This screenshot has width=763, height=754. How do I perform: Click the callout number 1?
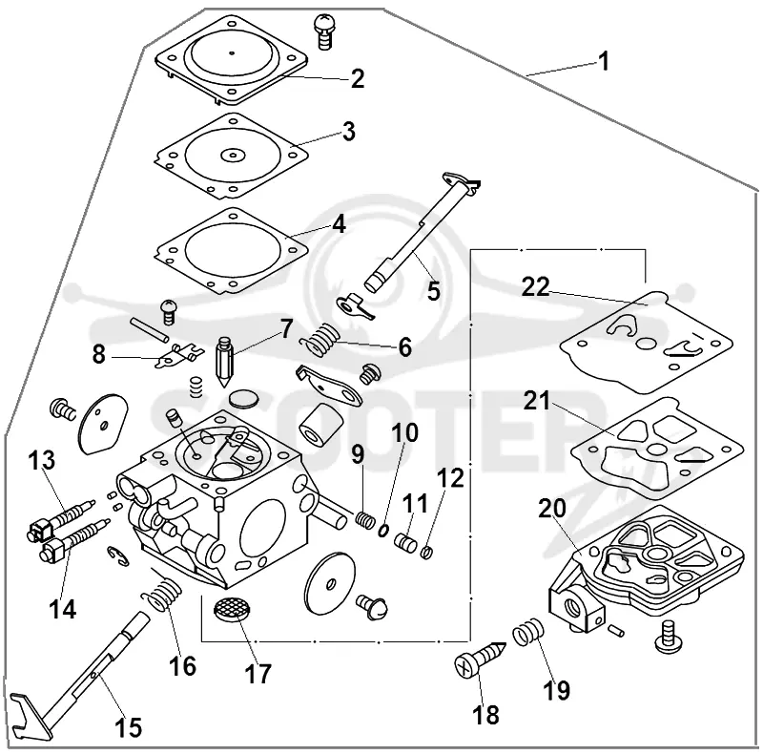(x=603, y=62)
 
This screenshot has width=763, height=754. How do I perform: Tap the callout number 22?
(x=535, y=287)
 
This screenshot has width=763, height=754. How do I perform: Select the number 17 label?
(x=258, y=675)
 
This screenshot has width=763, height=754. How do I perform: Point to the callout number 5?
(x=433, y=291)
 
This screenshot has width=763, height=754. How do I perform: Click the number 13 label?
(x=42, y=460)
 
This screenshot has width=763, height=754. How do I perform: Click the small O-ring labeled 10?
(x=384, y=530)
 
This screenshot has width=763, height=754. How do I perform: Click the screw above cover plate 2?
(x=324, y=31)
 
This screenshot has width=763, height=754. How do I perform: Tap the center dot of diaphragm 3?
(x=233, y=156)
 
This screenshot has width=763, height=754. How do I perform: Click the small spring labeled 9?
(x=364, y=519)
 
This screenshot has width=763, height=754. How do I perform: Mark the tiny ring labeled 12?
(x=426, y=553)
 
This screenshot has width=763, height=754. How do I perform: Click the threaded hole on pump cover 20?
(x=570, y=607)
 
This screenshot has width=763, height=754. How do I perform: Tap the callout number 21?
(x=537, y=403)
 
